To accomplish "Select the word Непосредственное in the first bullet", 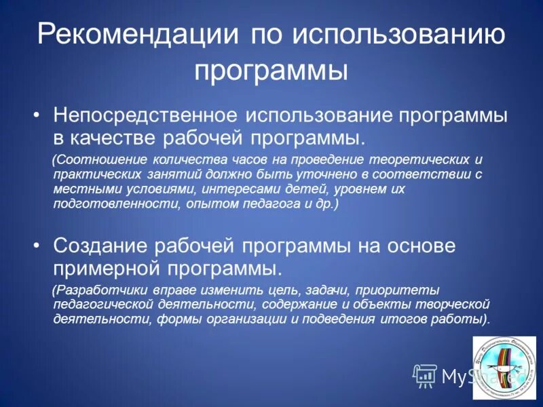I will [x=145, y=115].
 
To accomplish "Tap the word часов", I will [x=250, y=160].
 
